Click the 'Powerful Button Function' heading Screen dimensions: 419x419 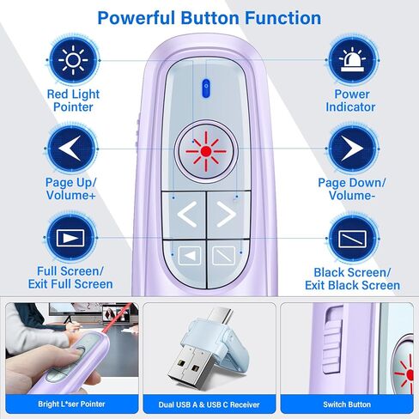pos(209,18)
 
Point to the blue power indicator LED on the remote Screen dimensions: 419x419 pos(205,86)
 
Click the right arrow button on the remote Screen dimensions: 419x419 pos(225,214)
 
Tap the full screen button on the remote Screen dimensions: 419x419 pos(188,254)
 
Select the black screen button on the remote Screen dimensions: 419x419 pos(222,254)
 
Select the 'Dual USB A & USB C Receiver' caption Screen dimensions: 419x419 pos(209,404)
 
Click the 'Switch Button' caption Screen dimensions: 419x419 pos(348,404)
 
